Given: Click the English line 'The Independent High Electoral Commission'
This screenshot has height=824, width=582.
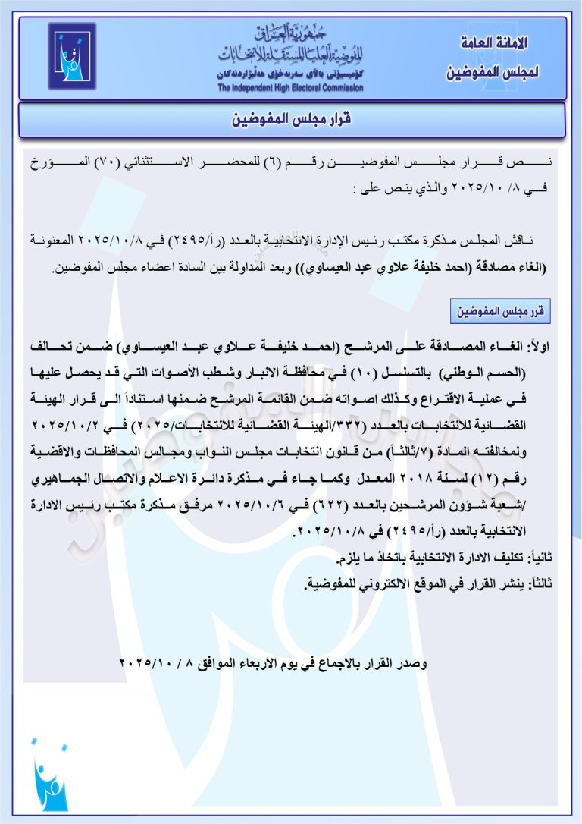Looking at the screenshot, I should pyautogui.click(x=290, y=88).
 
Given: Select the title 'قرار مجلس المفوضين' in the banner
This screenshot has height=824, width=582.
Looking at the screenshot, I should pyautogui.click(x=292, y=119).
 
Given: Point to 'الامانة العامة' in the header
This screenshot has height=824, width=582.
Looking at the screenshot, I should pyautogui.click(x=494, y=43).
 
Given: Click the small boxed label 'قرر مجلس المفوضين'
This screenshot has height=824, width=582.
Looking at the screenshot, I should pyautogui.click(x=502, y=312).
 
